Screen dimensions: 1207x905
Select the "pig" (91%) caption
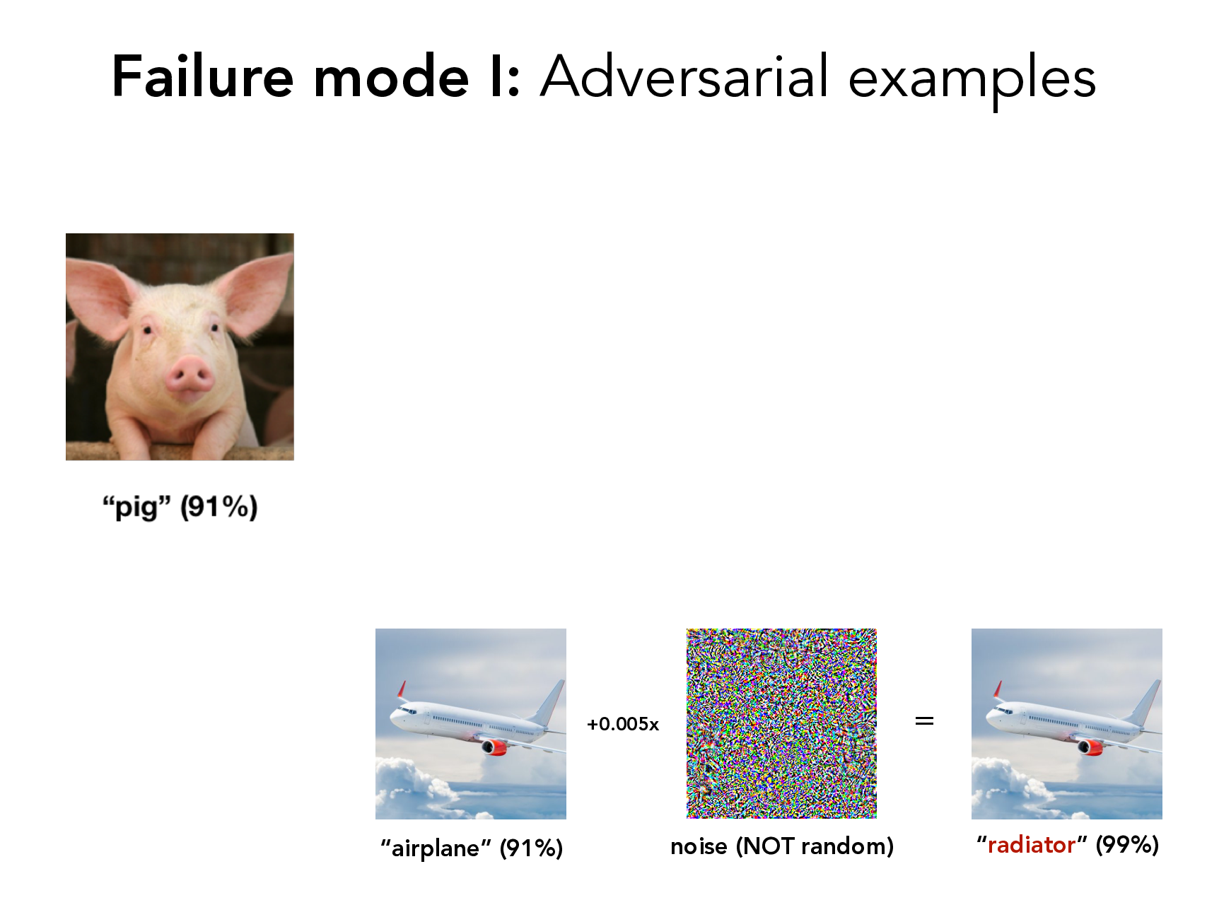(180, 507)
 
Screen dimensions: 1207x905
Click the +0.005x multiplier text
(623, 724)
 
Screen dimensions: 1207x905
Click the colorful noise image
(781, 723)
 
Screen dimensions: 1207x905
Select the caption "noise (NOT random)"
(782, 846)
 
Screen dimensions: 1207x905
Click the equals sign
(924, 721)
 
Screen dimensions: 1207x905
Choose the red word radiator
(1032, 844)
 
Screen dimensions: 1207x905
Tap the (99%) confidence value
(1127, 845)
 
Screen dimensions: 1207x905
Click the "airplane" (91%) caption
(472, 848)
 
